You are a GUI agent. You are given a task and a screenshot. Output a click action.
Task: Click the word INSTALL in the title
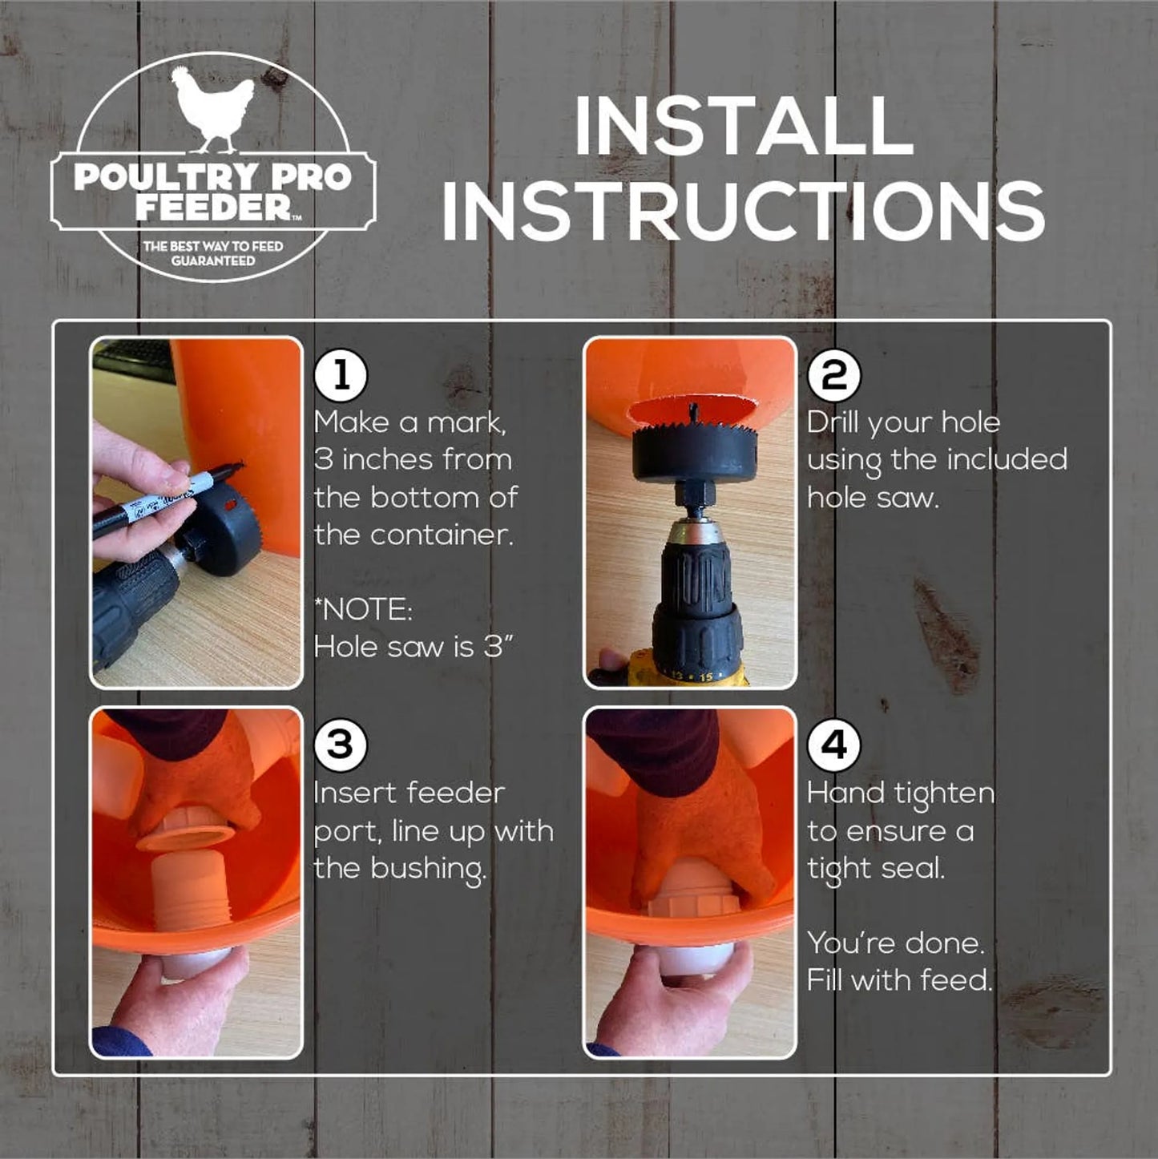click(x=744, y=127)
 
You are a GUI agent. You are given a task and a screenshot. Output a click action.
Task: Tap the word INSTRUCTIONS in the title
click(x=743, y=211)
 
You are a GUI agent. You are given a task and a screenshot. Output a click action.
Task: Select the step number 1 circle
click(x=341, y=375)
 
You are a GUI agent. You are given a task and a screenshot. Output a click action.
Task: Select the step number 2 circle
click(x=834, y=375)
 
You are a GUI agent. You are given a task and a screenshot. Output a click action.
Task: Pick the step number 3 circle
click(x=341, y=745)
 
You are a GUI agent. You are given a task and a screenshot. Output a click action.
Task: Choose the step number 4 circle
click(x=834, y=745)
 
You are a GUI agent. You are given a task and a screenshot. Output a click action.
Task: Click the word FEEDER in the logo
click(x=212, y=207)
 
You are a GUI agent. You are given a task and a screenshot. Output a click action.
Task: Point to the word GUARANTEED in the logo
click(x=212, y=261)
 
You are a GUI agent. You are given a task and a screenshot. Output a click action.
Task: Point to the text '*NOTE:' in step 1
click(x=363, y=610)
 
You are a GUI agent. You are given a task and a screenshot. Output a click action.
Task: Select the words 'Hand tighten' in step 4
click(x=901, y=794)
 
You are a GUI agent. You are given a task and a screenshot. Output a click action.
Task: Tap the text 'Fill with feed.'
click(x=899, y=980)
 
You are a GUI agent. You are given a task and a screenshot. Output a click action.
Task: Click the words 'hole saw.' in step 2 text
click(x=872, y=498)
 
